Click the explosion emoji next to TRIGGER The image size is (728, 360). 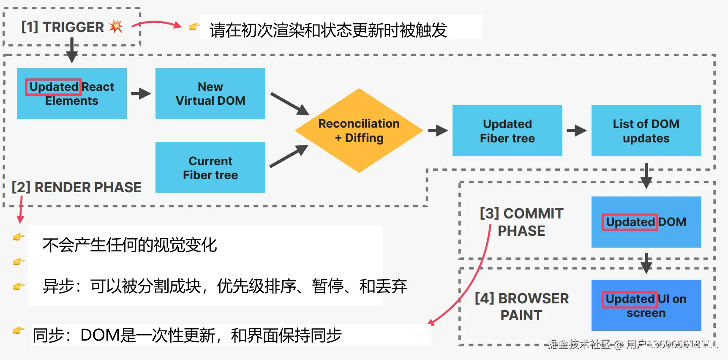click(x=116, y=27)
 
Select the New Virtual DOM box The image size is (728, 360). click(x=210, y=93)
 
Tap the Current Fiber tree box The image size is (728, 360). click(x=210, y=168)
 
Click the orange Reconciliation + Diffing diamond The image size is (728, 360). click(x=359, y=131)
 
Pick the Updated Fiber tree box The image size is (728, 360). click(x=507, y=131)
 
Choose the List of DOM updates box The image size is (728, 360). click(x=646, y=131)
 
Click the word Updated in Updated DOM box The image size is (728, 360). click(x=630, y=222)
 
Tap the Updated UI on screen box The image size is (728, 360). click(x=646, y=305)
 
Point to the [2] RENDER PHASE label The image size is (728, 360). click(x=76, y=187)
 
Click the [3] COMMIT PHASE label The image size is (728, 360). click(x=521, y=222)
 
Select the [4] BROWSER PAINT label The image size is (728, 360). click(x=521, y=306)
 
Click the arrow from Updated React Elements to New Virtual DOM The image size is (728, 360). click(x=141, y=93)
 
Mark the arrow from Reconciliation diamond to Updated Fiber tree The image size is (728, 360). click(x=438, y=131)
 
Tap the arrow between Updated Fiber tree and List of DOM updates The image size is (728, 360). click(x=576, y=131)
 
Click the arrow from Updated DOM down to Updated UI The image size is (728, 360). click(x=646, y=263)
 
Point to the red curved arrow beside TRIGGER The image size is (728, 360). click(x=157, y=24)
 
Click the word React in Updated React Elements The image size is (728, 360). click(x=98, y=87)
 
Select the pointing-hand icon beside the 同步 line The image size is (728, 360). click(x=18, y=330)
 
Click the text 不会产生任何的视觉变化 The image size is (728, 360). click(x=130, y=245)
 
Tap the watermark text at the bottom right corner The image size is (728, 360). click(x=632, y=344)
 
